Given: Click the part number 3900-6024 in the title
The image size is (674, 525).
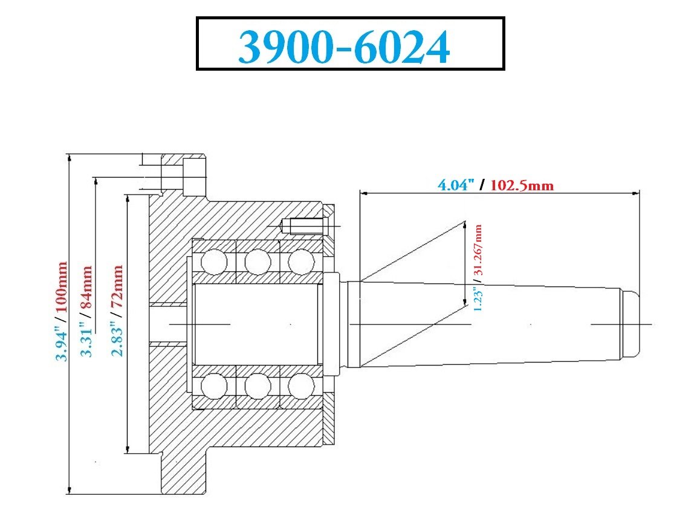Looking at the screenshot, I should click(x=344, y=47).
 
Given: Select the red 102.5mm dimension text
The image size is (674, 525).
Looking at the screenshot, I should click(x=522, y=184).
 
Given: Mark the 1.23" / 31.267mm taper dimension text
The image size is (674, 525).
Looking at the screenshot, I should click(x=478, y=266).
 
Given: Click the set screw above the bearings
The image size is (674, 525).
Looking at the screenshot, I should click(x=305, y=226).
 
